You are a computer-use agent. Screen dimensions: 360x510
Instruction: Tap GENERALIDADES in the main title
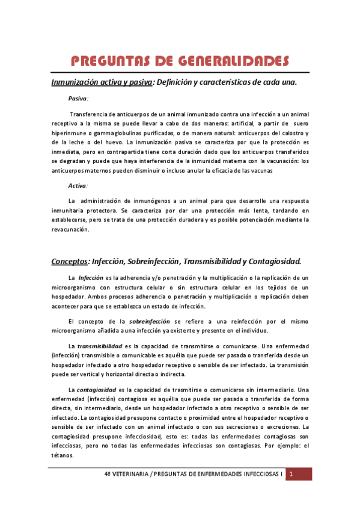coord(231,62)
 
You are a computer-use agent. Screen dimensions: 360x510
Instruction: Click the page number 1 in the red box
coord(291,475)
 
